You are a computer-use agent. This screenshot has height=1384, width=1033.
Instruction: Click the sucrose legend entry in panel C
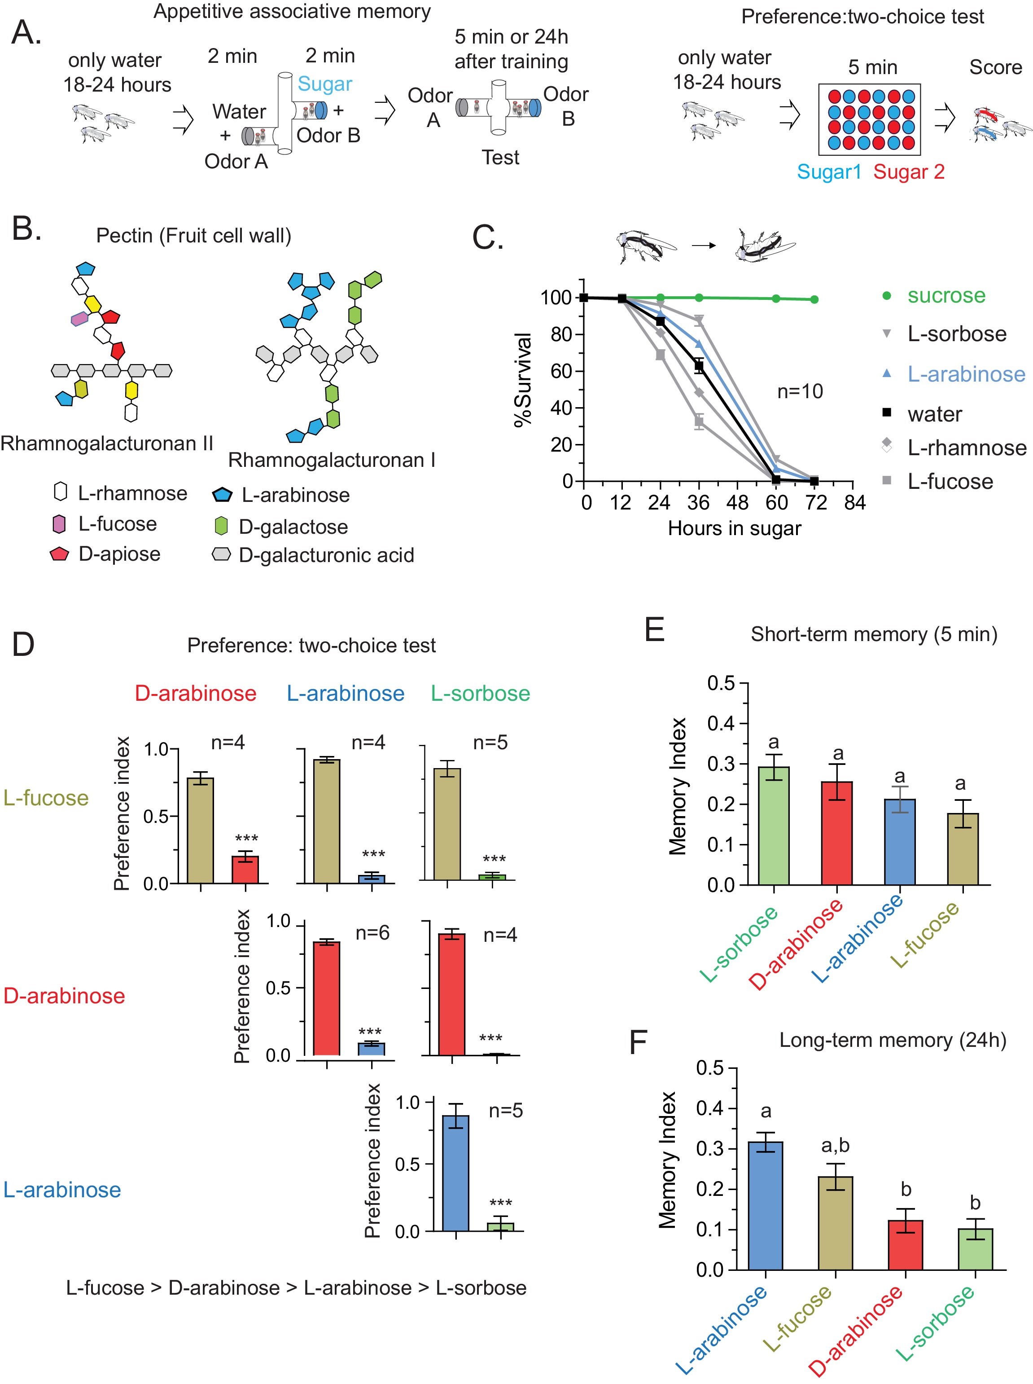[x=945, y=295]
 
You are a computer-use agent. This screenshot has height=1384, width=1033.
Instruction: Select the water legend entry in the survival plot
[x=934, y=414]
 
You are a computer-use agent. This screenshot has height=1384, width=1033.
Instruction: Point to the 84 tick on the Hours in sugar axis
[x=854, y=502]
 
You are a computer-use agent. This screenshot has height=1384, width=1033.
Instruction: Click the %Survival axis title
[x=523, y=380]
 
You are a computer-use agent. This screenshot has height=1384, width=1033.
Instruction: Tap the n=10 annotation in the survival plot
[x=800, y=391]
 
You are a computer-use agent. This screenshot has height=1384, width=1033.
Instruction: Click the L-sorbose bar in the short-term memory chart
[x=774, y=826]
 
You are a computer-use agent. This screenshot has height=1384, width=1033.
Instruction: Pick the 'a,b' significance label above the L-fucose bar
[x=836, y=1145]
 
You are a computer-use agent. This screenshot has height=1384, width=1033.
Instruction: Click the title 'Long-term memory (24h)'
[x=892, y=1040]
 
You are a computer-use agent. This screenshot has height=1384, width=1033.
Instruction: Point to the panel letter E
[x=654, y=630]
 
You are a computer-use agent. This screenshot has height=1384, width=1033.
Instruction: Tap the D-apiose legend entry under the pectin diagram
[x=119, y=554]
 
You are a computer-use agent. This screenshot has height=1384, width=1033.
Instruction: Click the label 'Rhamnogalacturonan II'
[x=107, y=444]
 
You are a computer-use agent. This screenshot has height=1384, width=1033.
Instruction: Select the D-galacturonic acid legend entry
[x=326, y=555]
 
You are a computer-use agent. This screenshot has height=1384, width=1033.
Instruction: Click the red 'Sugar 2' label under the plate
[x=909, y=172]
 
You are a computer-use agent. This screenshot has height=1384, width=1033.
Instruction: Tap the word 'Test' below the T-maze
[x=500, y=158]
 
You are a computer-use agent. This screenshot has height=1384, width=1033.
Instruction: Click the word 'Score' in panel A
[x=995, y=67]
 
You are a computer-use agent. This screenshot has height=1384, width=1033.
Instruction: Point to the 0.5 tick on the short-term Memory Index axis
[x=721, y=683]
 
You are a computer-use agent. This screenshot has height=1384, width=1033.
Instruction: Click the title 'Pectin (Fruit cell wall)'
[x=194, y=236]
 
